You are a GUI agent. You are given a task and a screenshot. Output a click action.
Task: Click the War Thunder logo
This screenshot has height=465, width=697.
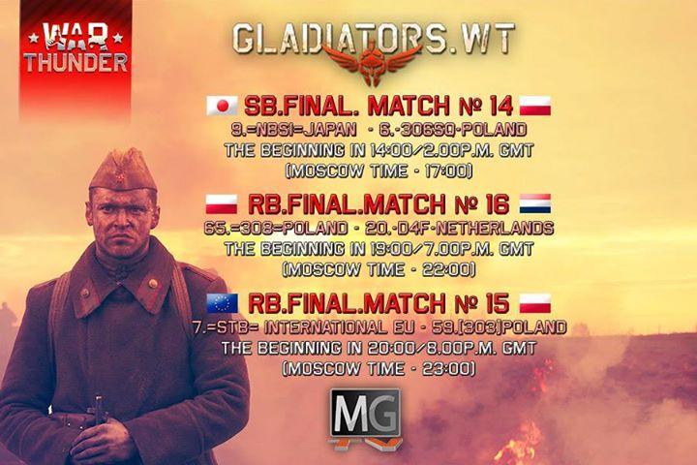click(x=76, y=48)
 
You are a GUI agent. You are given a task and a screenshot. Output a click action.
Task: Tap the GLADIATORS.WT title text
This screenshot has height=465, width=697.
click(x=374, y=39)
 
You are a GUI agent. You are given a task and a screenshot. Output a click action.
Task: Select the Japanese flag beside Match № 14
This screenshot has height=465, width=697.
click(x=223, y=106)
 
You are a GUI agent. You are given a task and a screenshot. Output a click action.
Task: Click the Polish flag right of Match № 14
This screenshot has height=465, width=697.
click(x=535, y=106)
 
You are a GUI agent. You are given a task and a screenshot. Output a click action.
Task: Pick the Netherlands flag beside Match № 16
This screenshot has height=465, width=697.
click(x=535, y=204)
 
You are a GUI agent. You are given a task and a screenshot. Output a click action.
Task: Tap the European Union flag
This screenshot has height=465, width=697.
click(x=223, y=303)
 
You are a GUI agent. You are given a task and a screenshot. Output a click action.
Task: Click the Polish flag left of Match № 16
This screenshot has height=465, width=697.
click(x=222, y=204)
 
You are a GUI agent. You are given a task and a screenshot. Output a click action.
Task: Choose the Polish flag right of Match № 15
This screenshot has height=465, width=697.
click(x=535, y=303)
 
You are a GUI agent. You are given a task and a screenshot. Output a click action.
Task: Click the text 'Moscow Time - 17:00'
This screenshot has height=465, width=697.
click(x=379, y=171)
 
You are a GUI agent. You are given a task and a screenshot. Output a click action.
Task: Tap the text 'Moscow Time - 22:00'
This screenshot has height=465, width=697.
click(x=379, y=269)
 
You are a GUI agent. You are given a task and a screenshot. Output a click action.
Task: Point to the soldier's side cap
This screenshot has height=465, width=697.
click(x=123, y=170)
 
